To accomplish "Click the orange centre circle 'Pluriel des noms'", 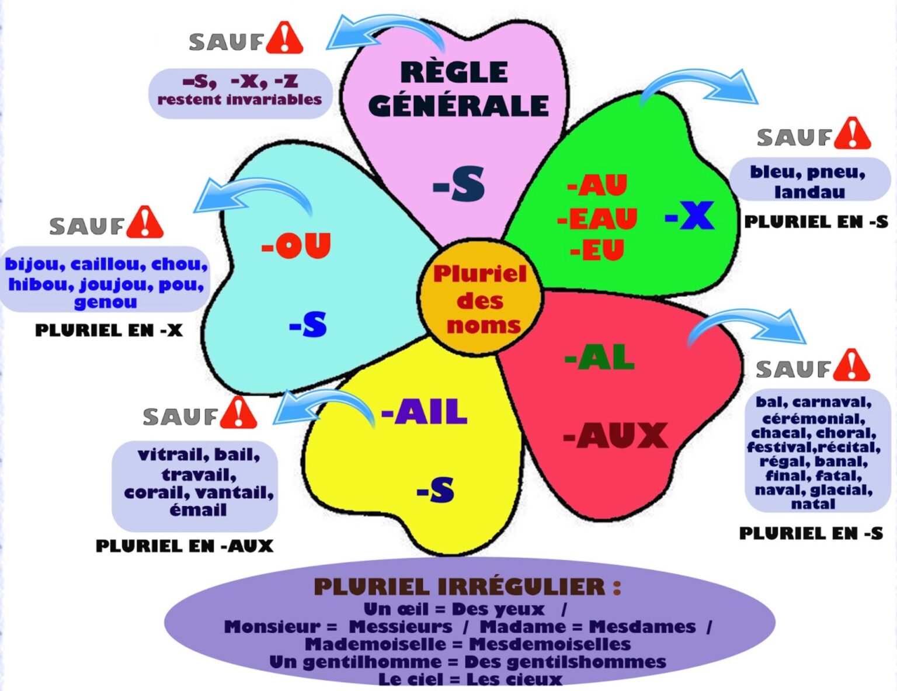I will coord(480,299).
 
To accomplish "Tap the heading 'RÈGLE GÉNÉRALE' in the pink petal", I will coord(458,89).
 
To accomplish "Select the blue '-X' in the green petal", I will coord(689,216).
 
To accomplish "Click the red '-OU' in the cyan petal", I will coord(296,246).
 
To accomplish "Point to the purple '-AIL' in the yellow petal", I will coord(424,412).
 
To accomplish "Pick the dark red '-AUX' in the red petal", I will coord(615,436).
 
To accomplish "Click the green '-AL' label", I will coord(599,357).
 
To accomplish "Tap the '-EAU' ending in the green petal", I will coord(596,219).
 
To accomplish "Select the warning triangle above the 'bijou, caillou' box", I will coord(145,223).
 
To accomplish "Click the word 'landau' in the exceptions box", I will coord(809,192).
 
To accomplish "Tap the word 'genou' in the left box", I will coord(106,302).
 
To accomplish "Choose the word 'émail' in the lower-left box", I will coord(198,510).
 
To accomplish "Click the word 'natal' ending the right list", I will coord(813,504).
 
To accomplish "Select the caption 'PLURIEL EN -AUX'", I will coord(185,546).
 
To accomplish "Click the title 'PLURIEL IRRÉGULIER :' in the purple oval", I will coord(467,586).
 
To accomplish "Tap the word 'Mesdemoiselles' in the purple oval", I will coord(550,644).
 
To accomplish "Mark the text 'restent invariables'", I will coord(239,99).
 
